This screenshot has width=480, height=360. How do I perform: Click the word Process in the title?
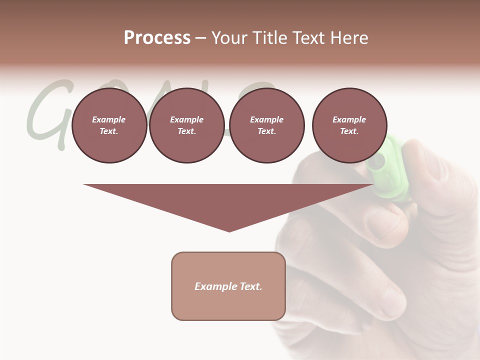(x=157, y=38)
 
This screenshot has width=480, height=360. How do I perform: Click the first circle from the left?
(x=109, y=125)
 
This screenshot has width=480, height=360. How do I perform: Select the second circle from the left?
(x=186, y=125)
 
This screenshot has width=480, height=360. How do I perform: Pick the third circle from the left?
(x=266, y=125)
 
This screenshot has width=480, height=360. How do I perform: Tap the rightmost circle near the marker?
(x=349, y=125)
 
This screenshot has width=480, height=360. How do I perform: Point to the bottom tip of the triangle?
(x=229, y=231)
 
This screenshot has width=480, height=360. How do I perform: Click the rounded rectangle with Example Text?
(x=228, y=286)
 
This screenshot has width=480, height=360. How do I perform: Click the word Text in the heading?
(x=309, y=38)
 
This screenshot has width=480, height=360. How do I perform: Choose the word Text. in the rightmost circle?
(x=349, y=131)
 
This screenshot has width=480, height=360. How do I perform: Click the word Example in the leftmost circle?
(x=109, y=119)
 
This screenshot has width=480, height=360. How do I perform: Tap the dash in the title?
(x=200, y=38)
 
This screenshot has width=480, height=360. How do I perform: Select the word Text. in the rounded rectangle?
(x=249, y=286)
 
